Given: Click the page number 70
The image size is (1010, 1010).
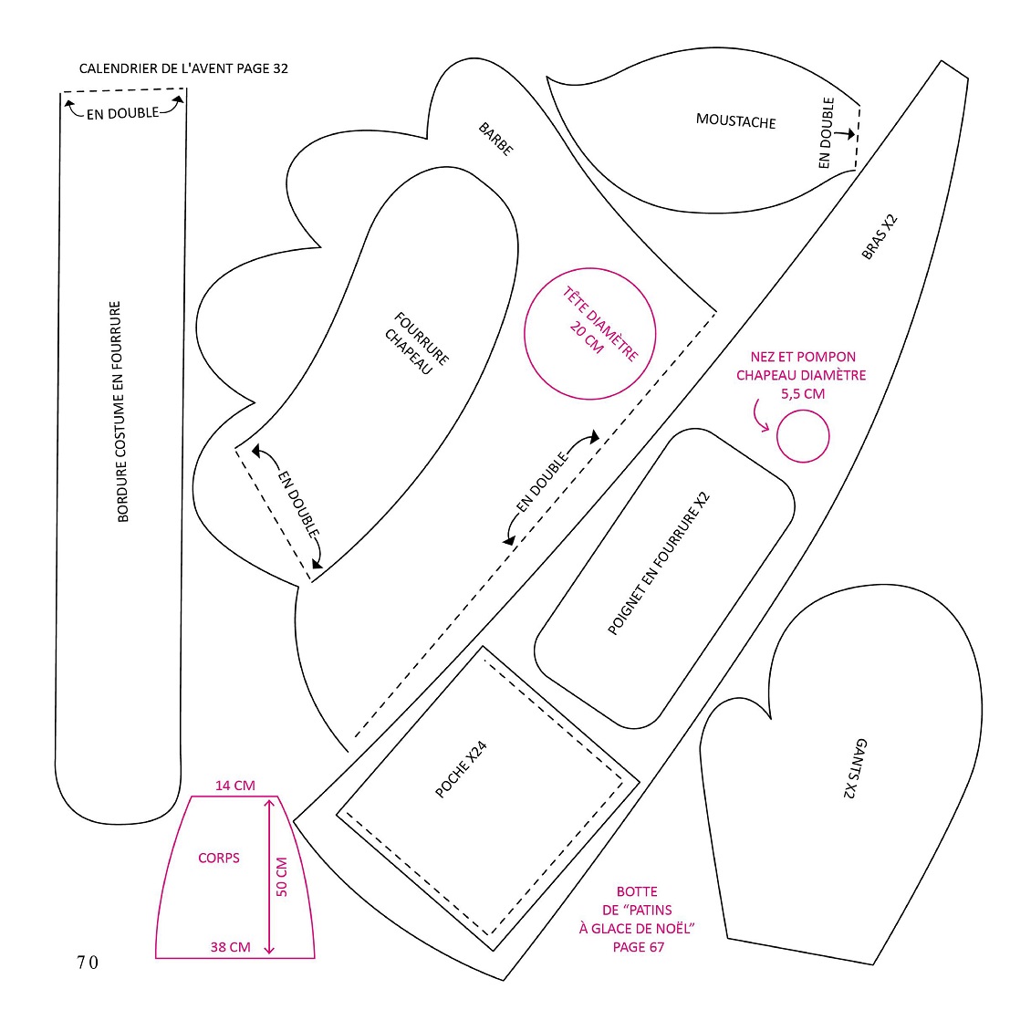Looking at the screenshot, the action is click(x=88, y=963).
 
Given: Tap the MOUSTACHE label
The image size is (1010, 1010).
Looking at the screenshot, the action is click(x=735, y=121).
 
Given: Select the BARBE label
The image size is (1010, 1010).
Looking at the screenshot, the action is click(x=496, y=139).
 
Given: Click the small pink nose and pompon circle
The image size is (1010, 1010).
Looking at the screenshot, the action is click(x=803, y=436).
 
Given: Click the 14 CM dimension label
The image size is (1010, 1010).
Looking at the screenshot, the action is click(x=235, y=786).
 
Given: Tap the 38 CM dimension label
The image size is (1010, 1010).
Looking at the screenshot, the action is click(x=230, y=947).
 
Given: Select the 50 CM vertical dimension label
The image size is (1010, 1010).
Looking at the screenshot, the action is click(x=282, y=877).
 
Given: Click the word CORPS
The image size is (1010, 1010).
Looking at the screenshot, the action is click(x=218, y=858).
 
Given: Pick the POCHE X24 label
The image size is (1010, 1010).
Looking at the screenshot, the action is click(x=461, y=770).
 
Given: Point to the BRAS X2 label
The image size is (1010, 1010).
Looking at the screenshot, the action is click(x=880, y=236).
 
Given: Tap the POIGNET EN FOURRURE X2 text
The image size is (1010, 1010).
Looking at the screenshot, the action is click(x=659, y=564).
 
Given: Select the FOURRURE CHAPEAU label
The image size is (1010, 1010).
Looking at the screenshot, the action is click(x=416, y=343).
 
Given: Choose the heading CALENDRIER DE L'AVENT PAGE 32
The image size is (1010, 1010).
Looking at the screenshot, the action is click(x=183, y=68).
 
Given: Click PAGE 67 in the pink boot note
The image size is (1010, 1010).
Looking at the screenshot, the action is click(x=639, y=947).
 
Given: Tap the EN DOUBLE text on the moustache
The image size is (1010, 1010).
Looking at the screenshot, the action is click(x=826, y=132).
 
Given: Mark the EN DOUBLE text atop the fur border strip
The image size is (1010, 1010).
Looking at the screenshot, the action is click(x=122, y=113).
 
